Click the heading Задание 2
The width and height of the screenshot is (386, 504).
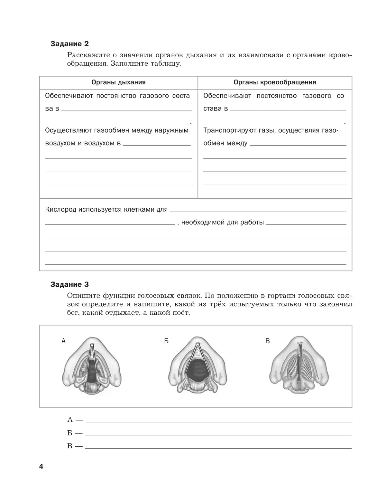(x=69, y=44)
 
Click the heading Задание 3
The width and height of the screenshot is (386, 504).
(x=69, y=284)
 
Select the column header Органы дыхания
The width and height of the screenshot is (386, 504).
(x=118, y=82)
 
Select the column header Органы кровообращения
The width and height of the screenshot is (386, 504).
(x=275, y=82)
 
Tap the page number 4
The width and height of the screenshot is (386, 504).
(x=41, y=467)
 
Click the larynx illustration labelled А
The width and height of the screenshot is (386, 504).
(x=92, y=365)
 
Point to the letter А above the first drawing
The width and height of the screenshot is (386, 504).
(x=63, y=341)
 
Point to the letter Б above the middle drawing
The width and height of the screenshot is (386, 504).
(x=166, y=341)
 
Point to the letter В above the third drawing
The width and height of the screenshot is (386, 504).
(x=267, y=341)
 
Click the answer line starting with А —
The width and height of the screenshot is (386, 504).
(x=219, y=420)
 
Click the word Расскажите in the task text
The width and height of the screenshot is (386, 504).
(x=85, y=55)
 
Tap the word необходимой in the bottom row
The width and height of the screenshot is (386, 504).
(x=202, y=223)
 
